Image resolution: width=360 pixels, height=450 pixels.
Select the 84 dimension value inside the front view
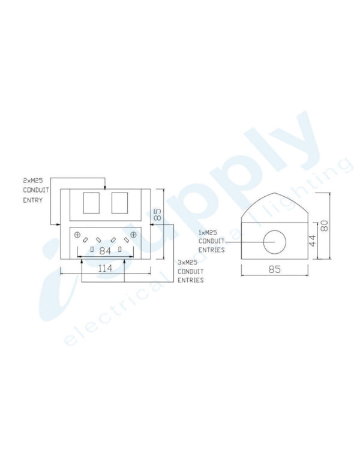[x=105, y=250]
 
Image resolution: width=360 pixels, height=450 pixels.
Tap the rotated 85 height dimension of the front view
[x=158, y=215]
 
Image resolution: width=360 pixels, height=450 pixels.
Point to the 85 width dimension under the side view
[x=274, y=269]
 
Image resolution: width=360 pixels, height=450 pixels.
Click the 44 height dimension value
[x=311, y=241]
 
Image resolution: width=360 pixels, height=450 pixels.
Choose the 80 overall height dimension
[x=325, y=226]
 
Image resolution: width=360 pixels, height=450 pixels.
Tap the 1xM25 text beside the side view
[x=209, y=232]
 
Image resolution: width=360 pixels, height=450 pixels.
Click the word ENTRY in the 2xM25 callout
[x=33, y=200]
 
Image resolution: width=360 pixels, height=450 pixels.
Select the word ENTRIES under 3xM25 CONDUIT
[x=190, y=280]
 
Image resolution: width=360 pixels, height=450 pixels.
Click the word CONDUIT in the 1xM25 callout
[x=211, y=241]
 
